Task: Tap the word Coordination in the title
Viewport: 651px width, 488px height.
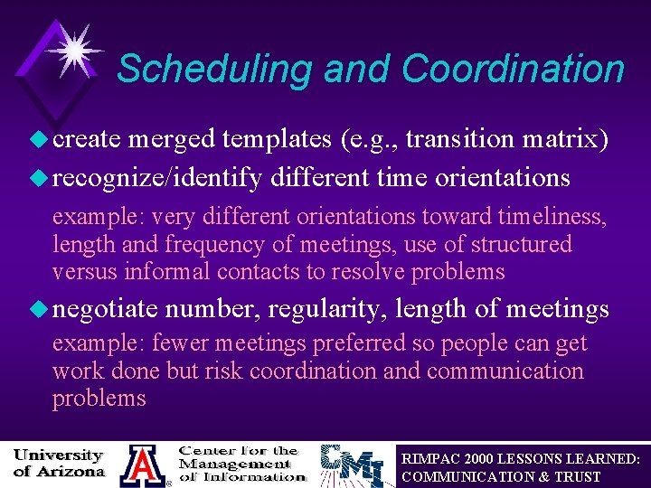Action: [513, 69]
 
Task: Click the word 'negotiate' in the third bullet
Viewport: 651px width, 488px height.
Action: [106, 310]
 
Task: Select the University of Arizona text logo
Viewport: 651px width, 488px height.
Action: [59, 462]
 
